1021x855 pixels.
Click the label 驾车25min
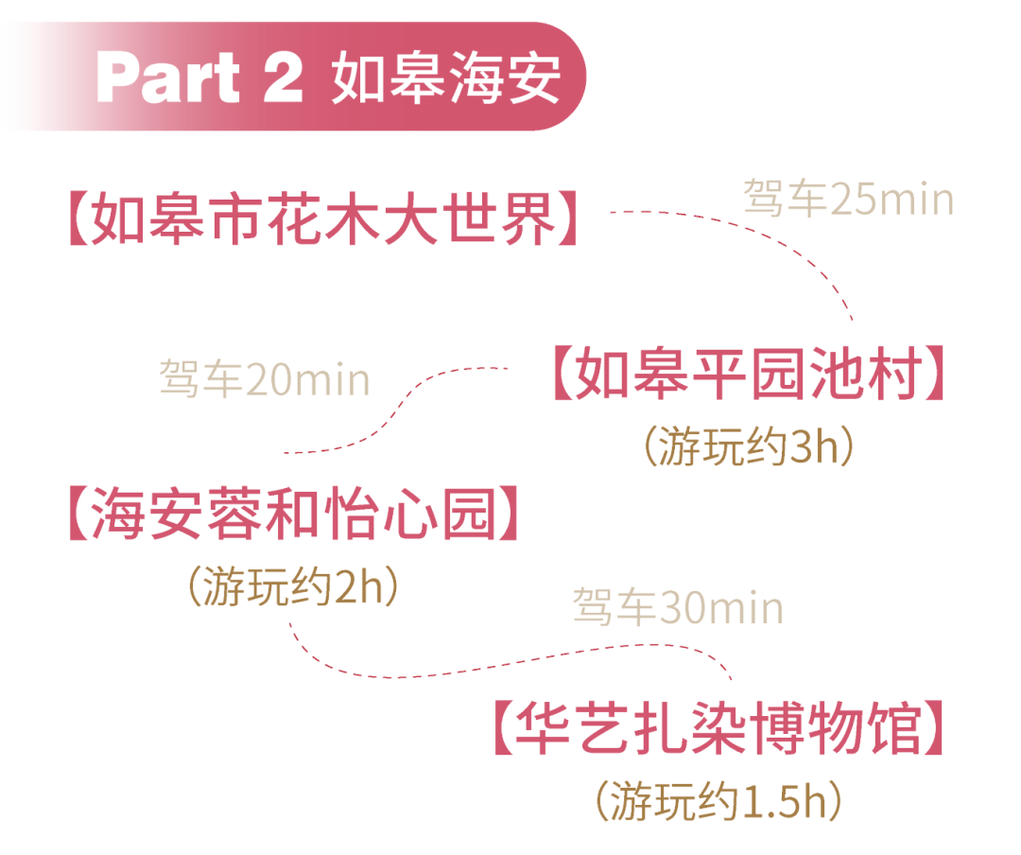(848, 200)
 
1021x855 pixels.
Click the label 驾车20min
(264, 380)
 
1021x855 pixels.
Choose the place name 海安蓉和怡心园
(293, 515)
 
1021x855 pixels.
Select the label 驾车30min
(677, 608)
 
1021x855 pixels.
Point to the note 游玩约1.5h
(718, 801)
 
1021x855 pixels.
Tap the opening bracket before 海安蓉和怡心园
(76, 515)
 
